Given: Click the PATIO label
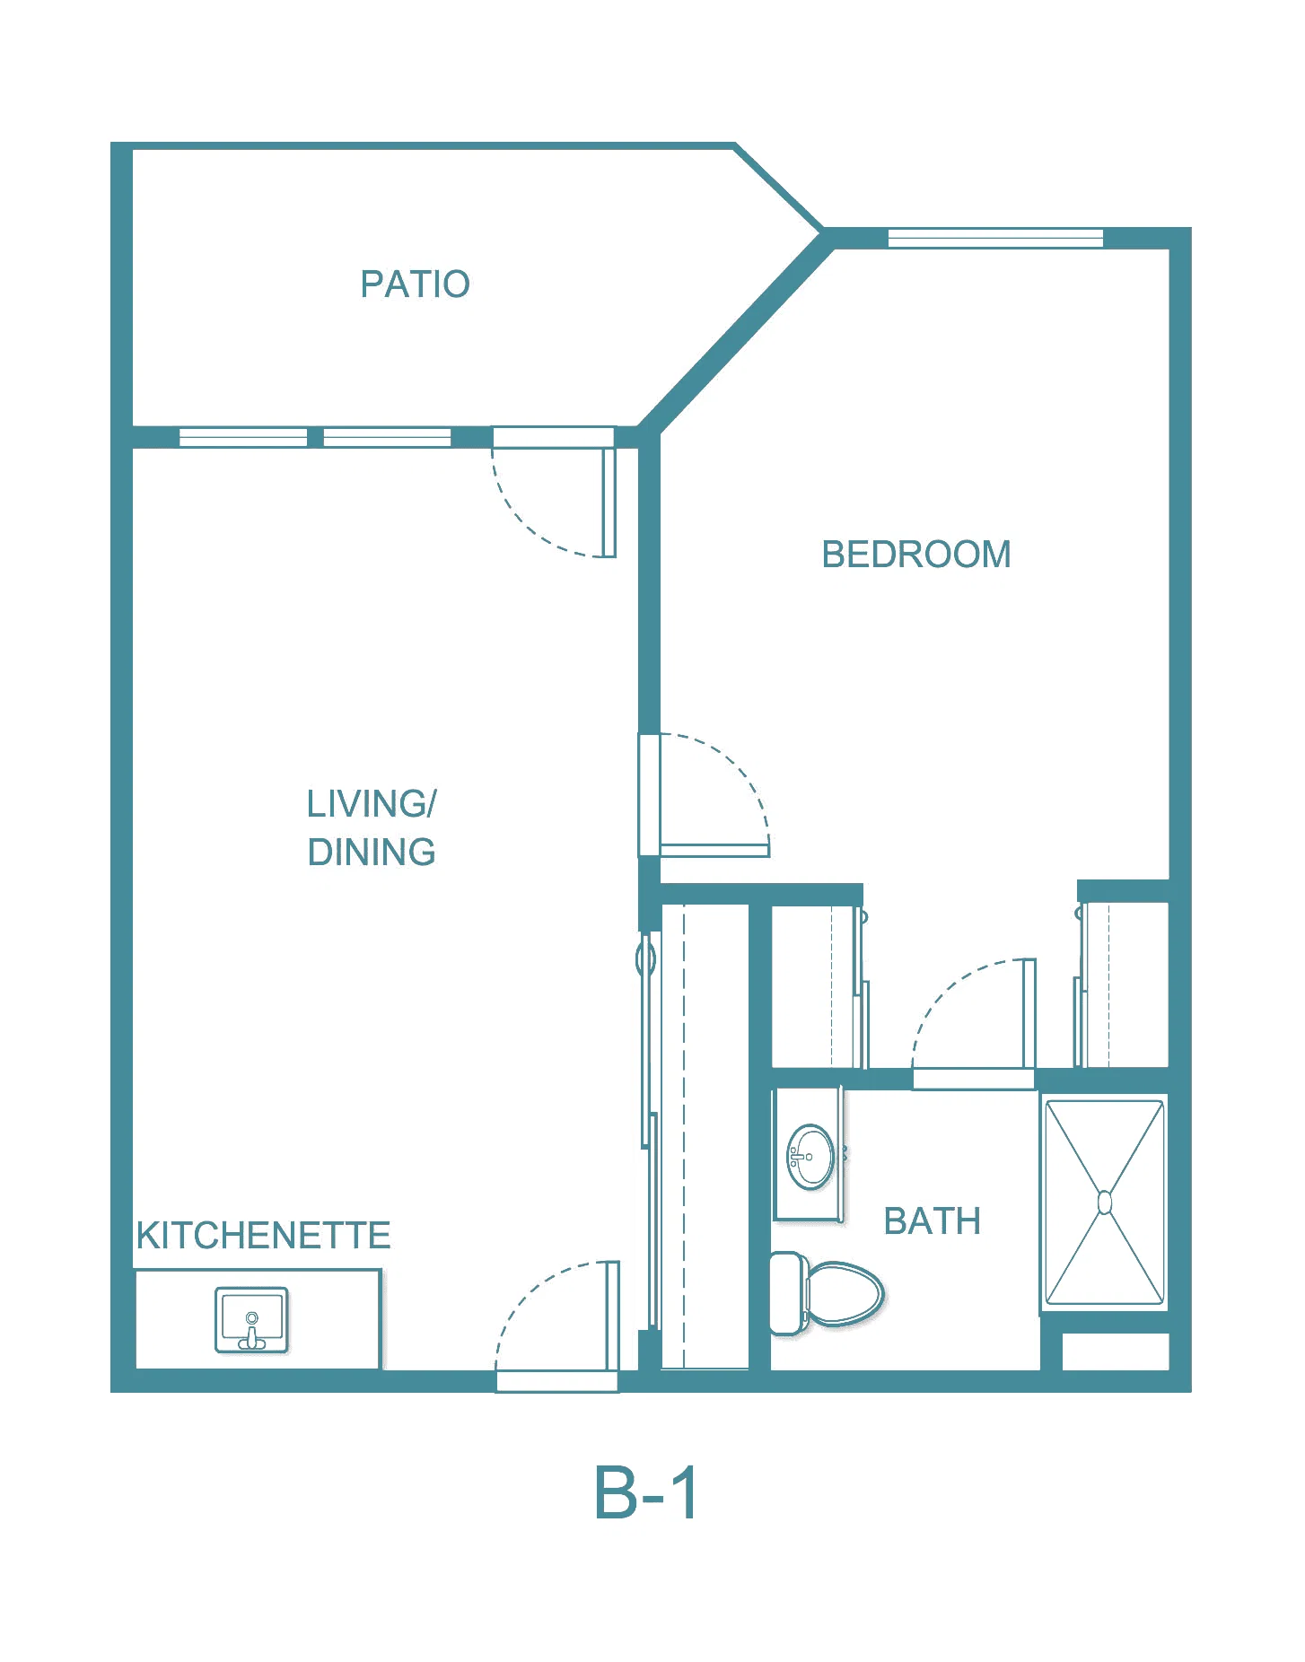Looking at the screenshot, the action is (415, 284).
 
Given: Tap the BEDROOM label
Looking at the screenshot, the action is (916, 554).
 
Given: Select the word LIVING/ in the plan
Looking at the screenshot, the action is (372, 803).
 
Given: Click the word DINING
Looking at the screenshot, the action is (372, 852).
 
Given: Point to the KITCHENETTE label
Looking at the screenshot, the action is (263, 1235).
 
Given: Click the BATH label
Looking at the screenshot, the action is (933, 1221).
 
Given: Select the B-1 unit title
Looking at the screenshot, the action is (646, 1493).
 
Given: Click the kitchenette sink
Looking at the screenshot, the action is (251, 1319).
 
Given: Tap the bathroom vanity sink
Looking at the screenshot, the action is (810, 1157).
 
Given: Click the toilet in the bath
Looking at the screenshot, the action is (827, 1293).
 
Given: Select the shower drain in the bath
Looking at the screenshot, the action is (1105, 1203).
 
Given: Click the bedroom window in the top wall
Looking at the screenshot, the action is (995, 238).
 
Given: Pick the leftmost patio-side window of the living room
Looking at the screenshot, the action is (243, 437).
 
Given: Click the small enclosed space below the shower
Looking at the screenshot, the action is (1116, 1351).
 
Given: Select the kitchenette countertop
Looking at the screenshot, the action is (258, 1319).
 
